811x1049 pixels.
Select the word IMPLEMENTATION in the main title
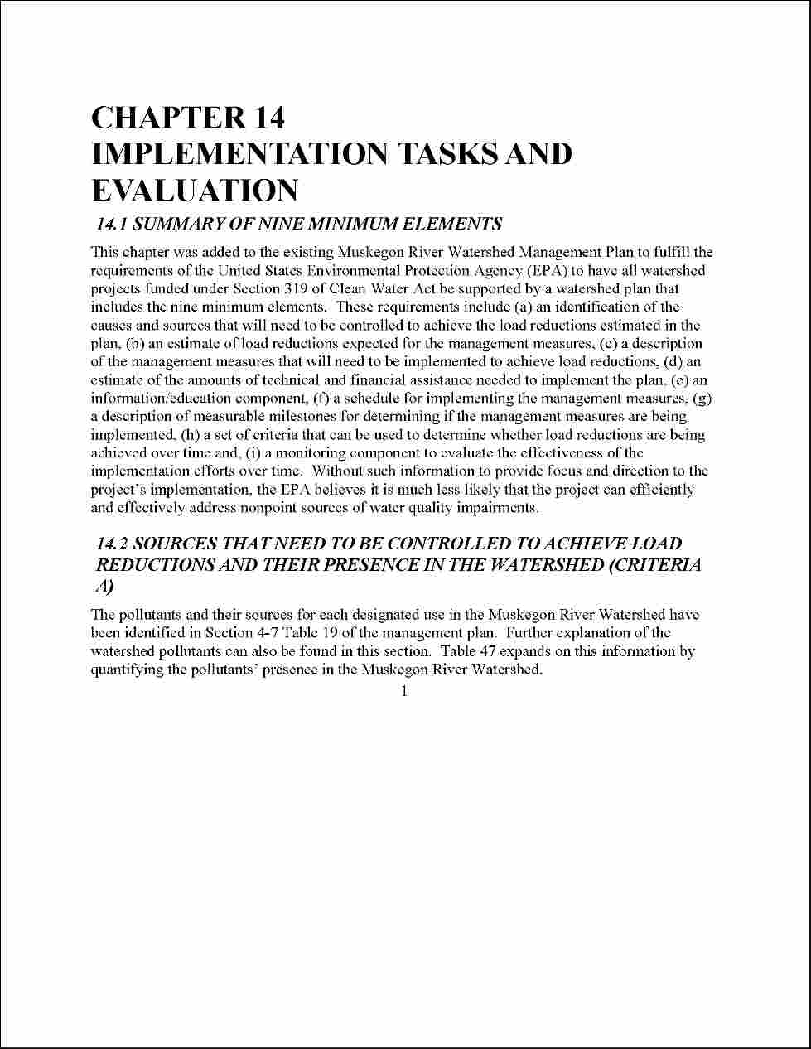239,154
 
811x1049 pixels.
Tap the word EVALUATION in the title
194,191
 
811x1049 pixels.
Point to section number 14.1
113,224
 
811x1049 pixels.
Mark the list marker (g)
702,399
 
